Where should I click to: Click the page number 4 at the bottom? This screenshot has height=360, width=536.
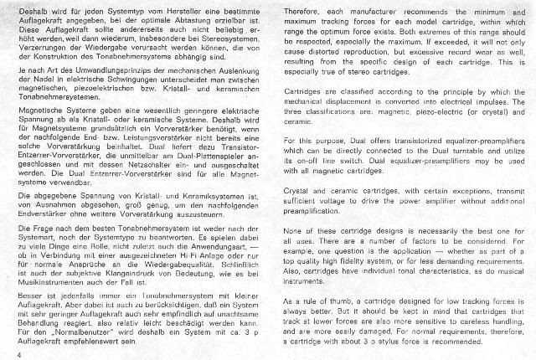click(17, 354)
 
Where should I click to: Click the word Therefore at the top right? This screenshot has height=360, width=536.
click(299, 12)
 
